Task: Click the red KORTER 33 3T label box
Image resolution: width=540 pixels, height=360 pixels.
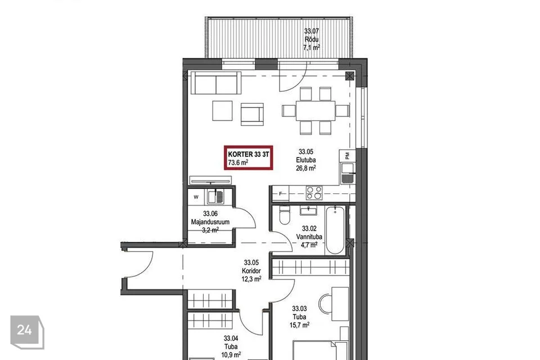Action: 248,157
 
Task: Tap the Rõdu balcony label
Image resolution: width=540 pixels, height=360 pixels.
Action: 311,39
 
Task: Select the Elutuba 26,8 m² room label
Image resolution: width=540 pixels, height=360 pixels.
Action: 306,160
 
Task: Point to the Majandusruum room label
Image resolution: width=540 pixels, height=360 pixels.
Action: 210,222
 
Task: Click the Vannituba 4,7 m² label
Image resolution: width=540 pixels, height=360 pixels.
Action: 309,237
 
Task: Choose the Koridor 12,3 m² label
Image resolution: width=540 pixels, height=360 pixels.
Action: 251,271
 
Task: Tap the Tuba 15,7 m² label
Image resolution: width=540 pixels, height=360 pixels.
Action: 299,317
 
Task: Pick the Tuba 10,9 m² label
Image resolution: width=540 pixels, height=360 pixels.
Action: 231,346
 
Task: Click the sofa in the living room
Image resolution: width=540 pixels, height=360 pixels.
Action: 216,83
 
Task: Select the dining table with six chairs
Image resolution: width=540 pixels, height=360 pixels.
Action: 315,111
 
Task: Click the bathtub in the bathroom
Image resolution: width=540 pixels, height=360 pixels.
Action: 335,229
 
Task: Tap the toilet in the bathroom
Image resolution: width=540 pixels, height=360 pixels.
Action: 285,215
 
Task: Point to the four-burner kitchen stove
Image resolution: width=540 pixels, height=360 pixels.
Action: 314,193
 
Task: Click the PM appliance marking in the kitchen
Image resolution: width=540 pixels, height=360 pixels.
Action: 348,156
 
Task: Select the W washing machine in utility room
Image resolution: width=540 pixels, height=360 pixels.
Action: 196,197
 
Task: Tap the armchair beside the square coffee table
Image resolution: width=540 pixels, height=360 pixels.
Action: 252,114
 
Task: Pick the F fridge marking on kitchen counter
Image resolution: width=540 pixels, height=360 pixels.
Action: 280,193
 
